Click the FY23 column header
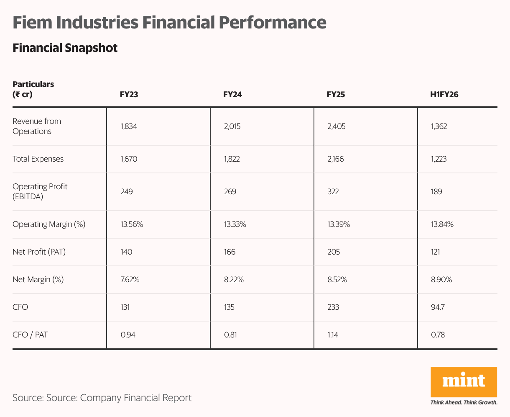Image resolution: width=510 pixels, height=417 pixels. (129, 94)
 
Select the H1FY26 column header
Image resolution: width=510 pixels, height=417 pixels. (444, 94)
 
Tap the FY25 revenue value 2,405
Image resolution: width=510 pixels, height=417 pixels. (336, 126)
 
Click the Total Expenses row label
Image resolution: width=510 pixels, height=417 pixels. (38, 159)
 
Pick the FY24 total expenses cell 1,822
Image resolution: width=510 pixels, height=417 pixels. (232, 159)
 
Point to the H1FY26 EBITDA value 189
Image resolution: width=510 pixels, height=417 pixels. (436, 191)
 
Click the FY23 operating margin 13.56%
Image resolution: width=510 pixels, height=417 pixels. (132, 224)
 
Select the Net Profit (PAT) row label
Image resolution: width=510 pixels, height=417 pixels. (39, 252)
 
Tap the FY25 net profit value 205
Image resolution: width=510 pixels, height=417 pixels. (334, 252)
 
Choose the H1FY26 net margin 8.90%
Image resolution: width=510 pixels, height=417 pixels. (441, 279)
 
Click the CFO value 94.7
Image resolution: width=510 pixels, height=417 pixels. (438, 307)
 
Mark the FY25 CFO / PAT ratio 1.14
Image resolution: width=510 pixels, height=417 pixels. (333, 335)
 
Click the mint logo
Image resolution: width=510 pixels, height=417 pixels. (464, 381)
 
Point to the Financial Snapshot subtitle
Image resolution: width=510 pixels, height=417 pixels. (65, 48)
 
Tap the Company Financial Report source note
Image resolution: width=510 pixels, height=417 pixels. (135, 397)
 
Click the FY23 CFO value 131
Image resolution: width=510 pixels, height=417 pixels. (125, 307)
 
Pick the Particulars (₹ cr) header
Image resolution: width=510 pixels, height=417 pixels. (33, 89)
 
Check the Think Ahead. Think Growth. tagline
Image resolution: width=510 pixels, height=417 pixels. (464, 402)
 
